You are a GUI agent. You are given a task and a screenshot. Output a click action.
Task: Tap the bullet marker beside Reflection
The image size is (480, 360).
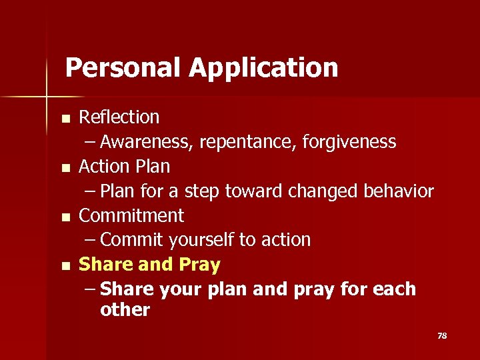pos(65,119)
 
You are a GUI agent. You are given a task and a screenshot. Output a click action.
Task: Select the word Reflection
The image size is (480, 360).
pos(119,117)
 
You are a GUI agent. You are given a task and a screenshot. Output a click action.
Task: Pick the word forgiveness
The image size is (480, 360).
pos(353,142)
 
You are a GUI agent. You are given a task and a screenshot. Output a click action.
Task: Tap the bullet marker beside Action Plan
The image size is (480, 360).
pos(65,168)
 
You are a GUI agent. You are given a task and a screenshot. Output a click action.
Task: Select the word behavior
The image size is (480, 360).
pos(399,191)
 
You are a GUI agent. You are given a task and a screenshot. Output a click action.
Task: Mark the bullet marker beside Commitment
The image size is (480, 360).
pos(65,217)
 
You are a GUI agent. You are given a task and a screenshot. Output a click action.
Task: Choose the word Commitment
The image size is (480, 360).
pos(131,215)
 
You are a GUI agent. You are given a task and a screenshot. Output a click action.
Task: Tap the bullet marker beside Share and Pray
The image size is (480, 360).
pos(65,267)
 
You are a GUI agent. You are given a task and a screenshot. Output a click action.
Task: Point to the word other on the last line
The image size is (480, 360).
pos(125,310)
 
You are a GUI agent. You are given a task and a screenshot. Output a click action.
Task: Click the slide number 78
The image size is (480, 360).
pos(441,335)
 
